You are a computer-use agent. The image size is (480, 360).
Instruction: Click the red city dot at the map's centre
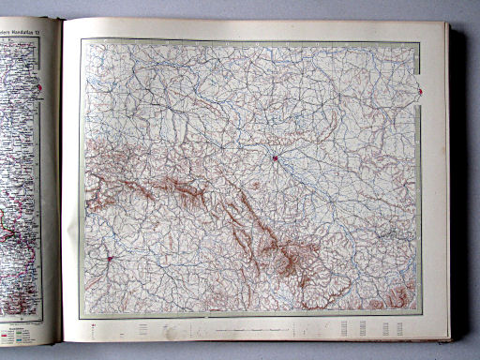click(x=275, y=157)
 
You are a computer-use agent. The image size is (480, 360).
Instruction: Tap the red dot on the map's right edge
click(x=421, y=91)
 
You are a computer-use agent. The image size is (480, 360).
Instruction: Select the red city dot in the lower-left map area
click(x=109, y=260)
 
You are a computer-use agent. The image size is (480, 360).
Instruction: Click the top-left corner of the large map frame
click(x=81, y=38)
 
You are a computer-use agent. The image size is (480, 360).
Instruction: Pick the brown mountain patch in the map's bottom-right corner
click(x=398, y=298)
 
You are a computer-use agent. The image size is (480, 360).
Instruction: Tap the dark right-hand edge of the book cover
click(x=457, y=187)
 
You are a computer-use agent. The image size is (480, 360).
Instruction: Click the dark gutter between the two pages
click(x=62, y=187)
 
